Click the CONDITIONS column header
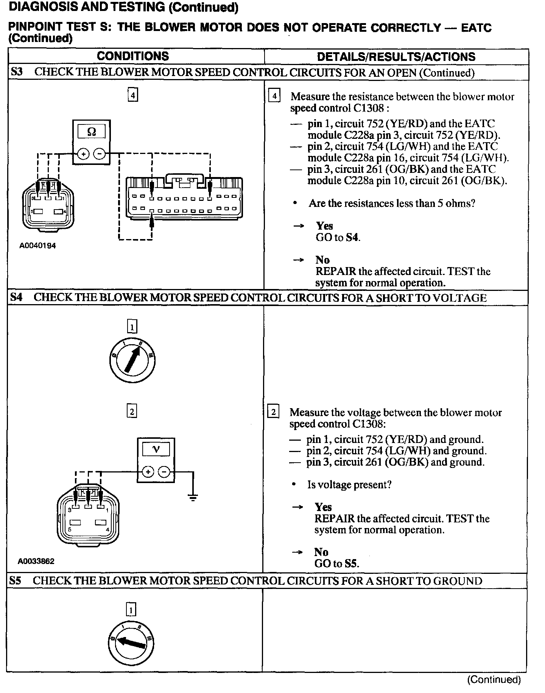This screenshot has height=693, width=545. click(133, 56)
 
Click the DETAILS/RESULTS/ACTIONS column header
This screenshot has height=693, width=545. click(396, 57)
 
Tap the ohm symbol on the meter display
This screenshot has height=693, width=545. click(92, 132)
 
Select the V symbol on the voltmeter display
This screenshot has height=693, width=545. click(156, 449)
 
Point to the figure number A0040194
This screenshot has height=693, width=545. click(37, 246)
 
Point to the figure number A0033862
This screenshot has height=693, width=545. click(36, 561)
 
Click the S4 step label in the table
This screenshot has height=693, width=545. click(16, 297)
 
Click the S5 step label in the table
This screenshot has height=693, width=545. click(16, 581)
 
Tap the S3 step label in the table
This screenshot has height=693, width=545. click(17, 72)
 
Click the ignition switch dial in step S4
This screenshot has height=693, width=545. click(132, 359)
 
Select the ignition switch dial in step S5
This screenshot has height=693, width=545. click(131, 643)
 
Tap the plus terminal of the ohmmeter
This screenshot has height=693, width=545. click(83, 154)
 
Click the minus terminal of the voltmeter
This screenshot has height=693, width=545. click(164, 472)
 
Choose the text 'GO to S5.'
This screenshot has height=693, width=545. click(336, 564)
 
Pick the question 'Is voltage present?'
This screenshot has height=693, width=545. click(349, 485)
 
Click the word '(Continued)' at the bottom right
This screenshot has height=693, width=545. click(494, 679)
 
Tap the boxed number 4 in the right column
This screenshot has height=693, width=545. click(274, 96)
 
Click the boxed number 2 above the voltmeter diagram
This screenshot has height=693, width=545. click(132, 411)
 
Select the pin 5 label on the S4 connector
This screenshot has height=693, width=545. click(70, 530)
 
